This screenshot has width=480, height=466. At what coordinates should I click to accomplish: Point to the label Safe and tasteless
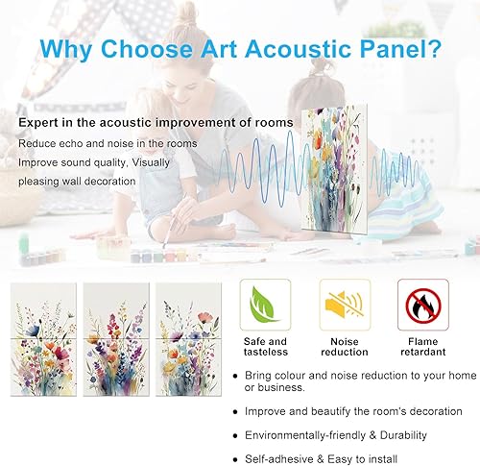[x=264, y=348]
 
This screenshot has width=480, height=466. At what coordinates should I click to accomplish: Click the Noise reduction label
[x=344, y=348]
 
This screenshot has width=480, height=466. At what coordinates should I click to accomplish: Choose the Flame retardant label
[x=423, y=348]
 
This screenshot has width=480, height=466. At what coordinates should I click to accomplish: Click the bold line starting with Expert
[x=132, y=123]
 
